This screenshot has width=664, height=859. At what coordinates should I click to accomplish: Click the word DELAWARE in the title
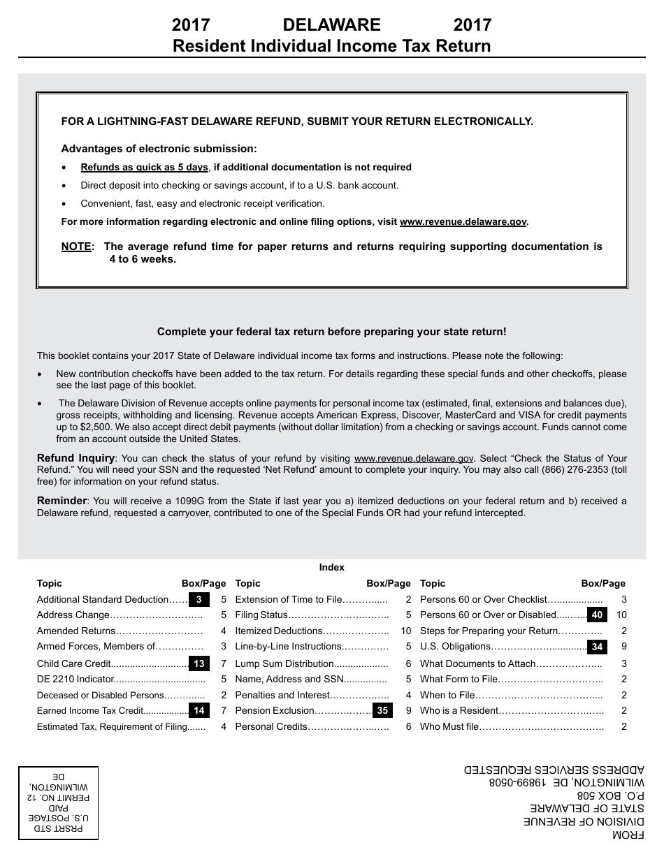pyautogui.click(x=331, y=25)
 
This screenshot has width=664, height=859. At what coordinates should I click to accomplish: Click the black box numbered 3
pyautogui.click(x=199, y=599)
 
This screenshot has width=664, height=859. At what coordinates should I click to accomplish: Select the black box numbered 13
pyautogui.click(x=199, y=663)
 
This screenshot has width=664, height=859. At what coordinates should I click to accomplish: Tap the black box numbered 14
pyautogui.click(x=199, y=711)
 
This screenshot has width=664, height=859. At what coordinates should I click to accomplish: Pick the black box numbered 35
pyautogui.click(x=382, y=711)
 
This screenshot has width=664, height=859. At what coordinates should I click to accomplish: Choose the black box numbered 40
pyautogui.click(x=597, y=615)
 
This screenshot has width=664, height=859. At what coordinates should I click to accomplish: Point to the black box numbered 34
pyautogui.click(x=597, y=647)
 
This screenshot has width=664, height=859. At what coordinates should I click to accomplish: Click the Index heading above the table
pyautogui.click(x=332, y=568)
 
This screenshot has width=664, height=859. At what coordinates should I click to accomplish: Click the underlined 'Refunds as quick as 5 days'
pyautogui.click(x=144, y=168)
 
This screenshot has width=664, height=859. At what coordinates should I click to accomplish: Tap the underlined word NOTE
pyautogui.click(x=76, y=247)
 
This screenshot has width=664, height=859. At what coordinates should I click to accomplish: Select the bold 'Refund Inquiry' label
pyautogui.click(x=75, y=459)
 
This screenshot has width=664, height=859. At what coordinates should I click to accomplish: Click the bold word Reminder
pyautogui.click(x=62, y=501)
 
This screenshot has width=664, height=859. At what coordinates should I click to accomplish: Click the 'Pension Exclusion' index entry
pyautogui.click(x=275, y=711)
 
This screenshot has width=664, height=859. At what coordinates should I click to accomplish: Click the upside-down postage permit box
pyautogui.click(x=58, y=802)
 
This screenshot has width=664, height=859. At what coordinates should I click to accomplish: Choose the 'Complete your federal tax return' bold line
pyautogui.click(x=331, y=332)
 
